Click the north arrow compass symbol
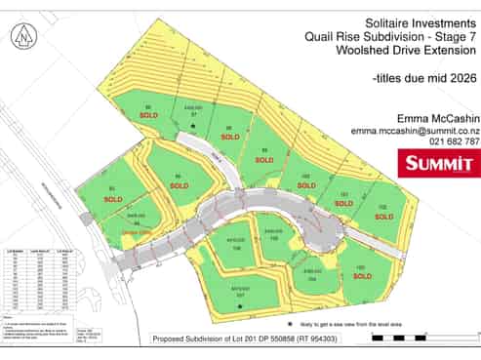pyautogui.click(x=22, y=37)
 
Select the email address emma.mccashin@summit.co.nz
pyautogui.click(x=415, y=129)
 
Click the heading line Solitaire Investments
pyautogui.click(x=406, y=20)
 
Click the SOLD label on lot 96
pyautogui.click(x=148, y=115)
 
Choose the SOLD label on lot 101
pyautogui.click(x=345, y=204)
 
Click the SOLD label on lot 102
pyautogui.click(x=383, y=217)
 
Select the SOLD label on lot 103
pyautogui.click(x=362, y=276)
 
